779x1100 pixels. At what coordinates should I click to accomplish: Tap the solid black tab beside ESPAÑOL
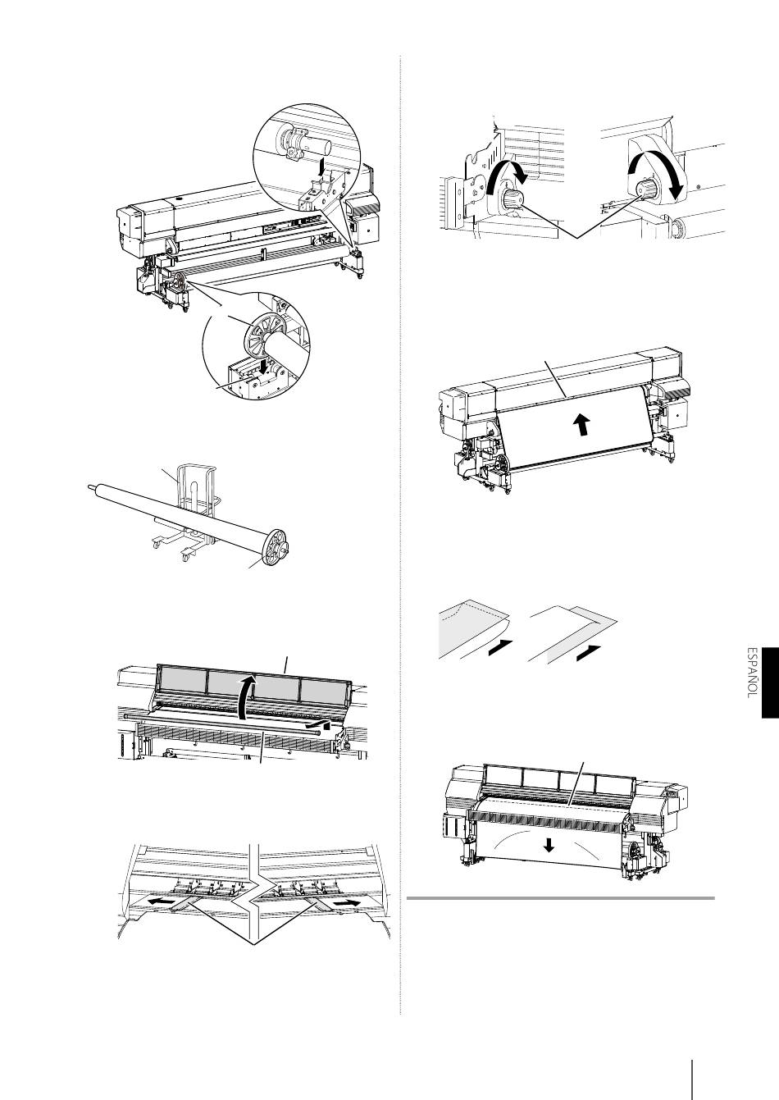(770, 682)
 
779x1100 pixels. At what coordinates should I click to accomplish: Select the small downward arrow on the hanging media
(549, 845)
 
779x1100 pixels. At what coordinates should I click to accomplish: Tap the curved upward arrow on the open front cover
(246, 696)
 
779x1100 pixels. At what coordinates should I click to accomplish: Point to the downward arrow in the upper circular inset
(321, 168)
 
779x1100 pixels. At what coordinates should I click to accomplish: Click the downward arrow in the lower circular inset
(265, 367)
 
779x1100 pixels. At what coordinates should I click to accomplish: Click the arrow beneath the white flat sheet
(589, 653)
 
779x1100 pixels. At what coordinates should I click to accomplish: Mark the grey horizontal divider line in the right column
(561, 898)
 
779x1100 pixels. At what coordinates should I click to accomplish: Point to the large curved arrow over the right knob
(658, 172)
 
